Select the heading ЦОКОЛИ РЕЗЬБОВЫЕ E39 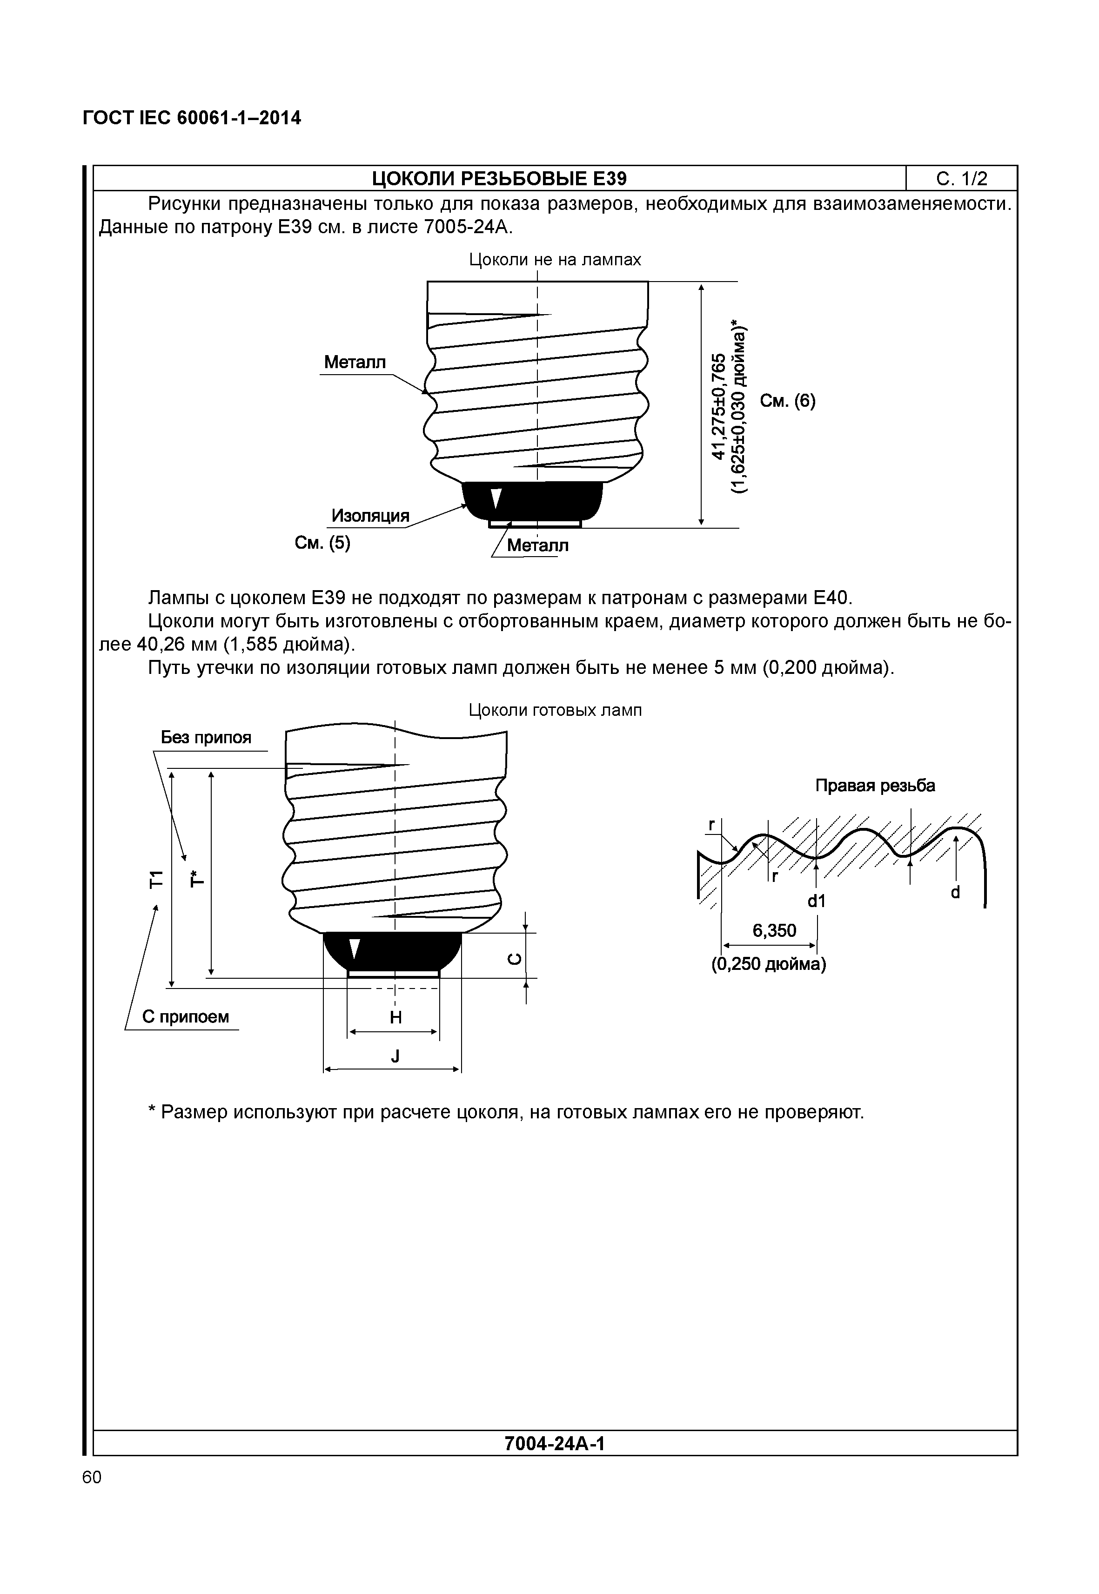499,179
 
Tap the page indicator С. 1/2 961,179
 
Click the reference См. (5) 322,544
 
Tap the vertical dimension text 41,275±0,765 719,406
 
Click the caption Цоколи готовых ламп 555,710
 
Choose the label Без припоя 206,738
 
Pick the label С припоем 185,1017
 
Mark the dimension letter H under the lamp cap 395,1017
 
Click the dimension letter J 395,1056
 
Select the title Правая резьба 875,786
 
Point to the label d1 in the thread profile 816,901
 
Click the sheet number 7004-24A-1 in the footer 554,1443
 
